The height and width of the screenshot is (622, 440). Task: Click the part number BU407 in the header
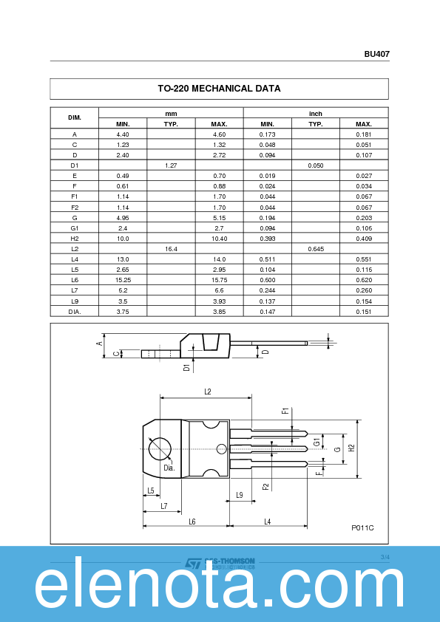(376, 54)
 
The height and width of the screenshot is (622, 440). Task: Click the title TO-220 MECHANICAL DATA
(219, 89)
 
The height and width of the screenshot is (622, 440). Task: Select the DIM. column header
(75, 118)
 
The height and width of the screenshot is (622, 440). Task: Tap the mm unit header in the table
(171, 113)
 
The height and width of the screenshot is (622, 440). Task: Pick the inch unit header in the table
(316, 113)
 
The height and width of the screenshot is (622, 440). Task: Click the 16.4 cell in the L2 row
(171, 249)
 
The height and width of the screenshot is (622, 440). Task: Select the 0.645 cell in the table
(316, 249)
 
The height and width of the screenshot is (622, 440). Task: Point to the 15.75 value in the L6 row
(219, 280)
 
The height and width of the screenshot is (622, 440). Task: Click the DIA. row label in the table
(75, 311)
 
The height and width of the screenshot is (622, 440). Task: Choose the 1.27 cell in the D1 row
(171, 165)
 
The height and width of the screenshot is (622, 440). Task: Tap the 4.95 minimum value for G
(123, 218)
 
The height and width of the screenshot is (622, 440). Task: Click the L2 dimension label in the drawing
(208, 392)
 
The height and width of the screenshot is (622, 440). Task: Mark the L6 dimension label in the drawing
(192, 522)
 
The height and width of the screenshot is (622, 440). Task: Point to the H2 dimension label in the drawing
(353, 448)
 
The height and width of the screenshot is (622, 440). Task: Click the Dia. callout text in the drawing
(169, 468)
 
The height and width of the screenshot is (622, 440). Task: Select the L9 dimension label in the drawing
(240, 495)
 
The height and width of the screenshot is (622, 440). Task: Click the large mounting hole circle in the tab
(160, 448)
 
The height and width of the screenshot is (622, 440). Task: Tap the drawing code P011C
(362, 527)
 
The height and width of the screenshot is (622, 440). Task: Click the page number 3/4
(385, 556)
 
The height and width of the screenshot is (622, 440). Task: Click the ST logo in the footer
(192, 564)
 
